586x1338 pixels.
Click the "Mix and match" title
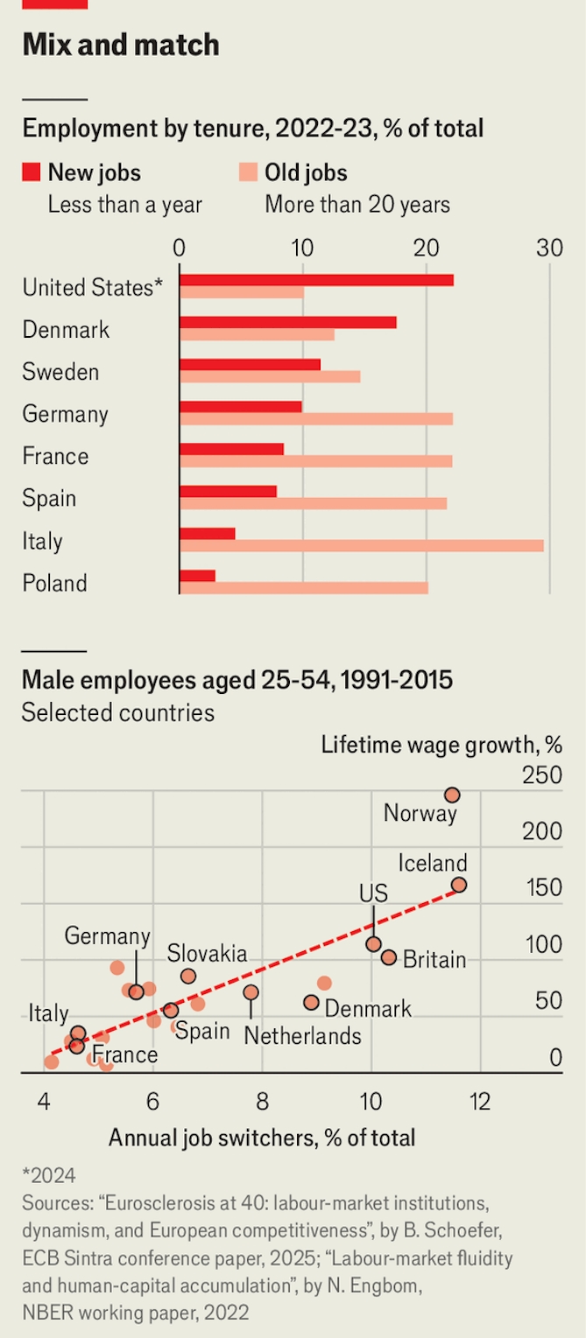(x=121, y=45)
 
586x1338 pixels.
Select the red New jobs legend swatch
(x=32, y=172)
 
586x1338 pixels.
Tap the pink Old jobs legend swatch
(x=248, y=172)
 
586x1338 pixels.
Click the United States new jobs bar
(x=316, y=280)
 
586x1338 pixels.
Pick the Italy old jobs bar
(x=361, y=546)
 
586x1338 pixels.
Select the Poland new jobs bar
(x=197, y=576)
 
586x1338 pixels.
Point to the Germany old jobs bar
(x=316, y=418)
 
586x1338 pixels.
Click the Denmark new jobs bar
(x=287, y=322)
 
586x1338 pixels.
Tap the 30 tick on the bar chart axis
(x=549, y=249)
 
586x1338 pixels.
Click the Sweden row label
(x=60, y=372)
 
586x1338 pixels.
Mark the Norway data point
(x=452, y=795)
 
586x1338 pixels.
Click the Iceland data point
(x=459, y=885)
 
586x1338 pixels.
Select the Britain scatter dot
(x=389, y=957)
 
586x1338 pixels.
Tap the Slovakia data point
(x=188, y=976)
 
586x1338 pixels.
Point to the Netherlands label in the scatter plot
(x=302, y=1036)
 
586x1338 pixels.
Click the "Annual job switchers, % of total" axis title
(x=262, y=1138)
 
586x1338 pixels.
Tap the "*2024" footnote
(x=49, y=1175)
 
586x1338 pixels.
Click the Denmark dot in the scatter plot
(x=311, y=1002)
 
